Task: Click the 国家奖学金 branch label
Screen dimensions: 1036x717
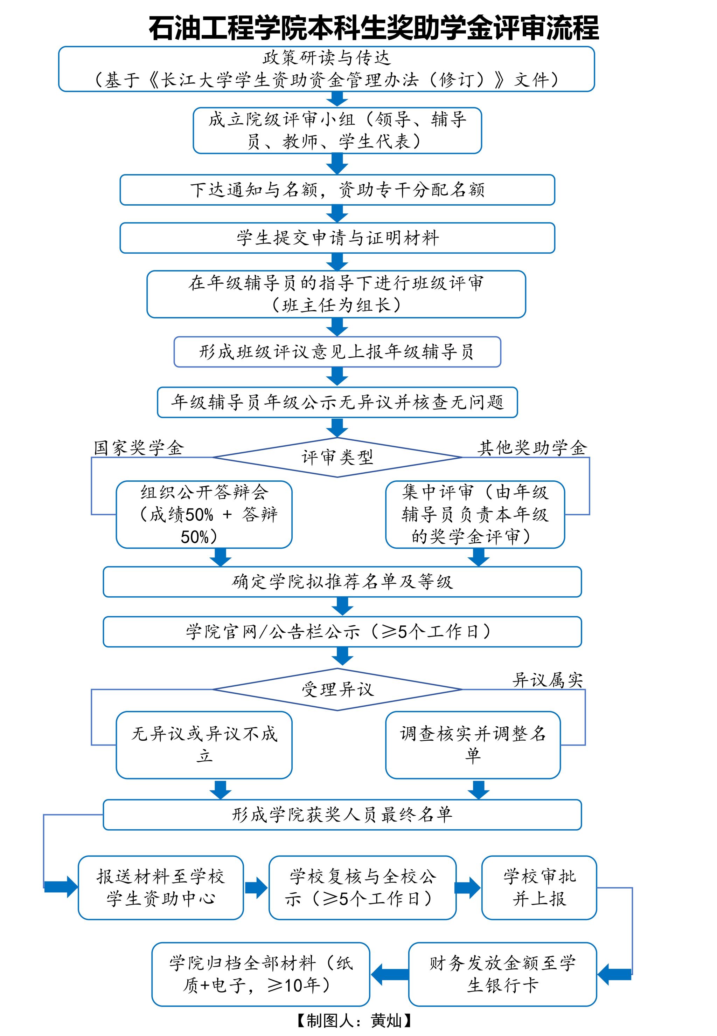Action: [138, 448]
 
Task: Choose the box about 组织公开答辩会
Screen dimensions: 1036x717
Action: [204, 514]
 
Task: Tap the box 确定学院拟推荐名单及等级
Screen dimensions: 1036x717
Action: [342, 582]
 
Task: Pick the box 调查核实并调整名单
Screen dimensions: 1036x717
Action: [473, 745]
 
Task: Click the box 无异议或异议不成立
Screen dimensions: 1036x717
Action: [204, 745]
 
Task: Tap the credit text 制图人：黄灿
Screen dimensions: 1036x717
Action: [354, 1020]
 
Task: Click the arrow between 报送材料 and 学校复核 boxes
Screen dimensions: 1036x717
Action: [256, 887]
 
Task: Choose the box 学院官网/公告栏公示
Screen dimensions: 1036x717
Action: [342, 631]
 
